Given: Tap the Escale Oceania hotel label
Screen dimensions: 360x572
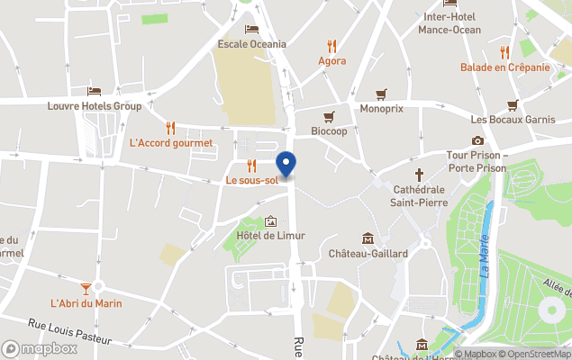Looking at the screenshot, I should click(x=252, y=43).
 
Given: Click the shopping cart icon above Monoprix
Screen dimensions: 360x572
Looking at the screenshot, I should click(x=381, y=93).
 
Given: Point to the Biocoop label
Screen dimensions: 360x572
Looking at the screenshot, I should click(x=329, y=131).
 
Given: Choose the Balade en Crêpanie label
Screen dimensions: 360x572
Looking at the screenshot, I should click(x=504, y=67).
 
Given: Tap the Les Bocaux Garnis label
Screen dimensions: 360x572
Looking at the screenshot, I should click(x=513, y=120).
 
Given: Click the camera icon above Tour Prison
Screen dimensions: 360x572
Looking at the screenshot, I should click(x=477, y=140).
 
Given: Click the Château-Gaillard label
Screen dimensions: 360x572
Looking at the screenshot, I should click(x=368, y=253).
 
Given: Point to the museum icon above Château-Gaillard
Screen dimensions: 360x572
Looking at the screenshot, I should click(x=368, y=238).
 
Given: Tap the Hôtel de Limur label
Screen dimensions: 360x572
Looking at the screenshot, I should click(x=270, y=236).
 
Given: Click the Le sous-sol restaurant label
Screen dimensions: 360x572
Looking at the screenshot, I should click(x=251, y=180).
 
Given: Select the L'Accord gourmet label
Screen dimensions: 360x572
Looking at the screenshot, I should click(x=171, y=142).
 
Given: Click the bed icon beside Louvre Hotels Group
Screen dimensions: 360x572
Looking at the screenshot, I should click(x=95, y=91).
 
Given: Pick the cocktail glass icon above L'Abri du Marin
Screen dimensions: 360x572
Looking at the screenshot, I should click(x=86, y=288).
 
